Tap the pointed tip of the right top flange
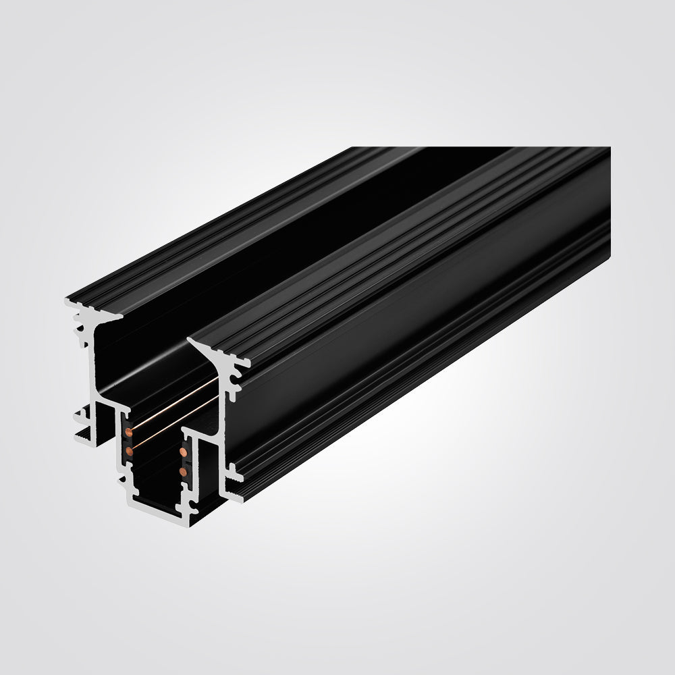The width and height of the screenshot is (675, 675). click(189, 342)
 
